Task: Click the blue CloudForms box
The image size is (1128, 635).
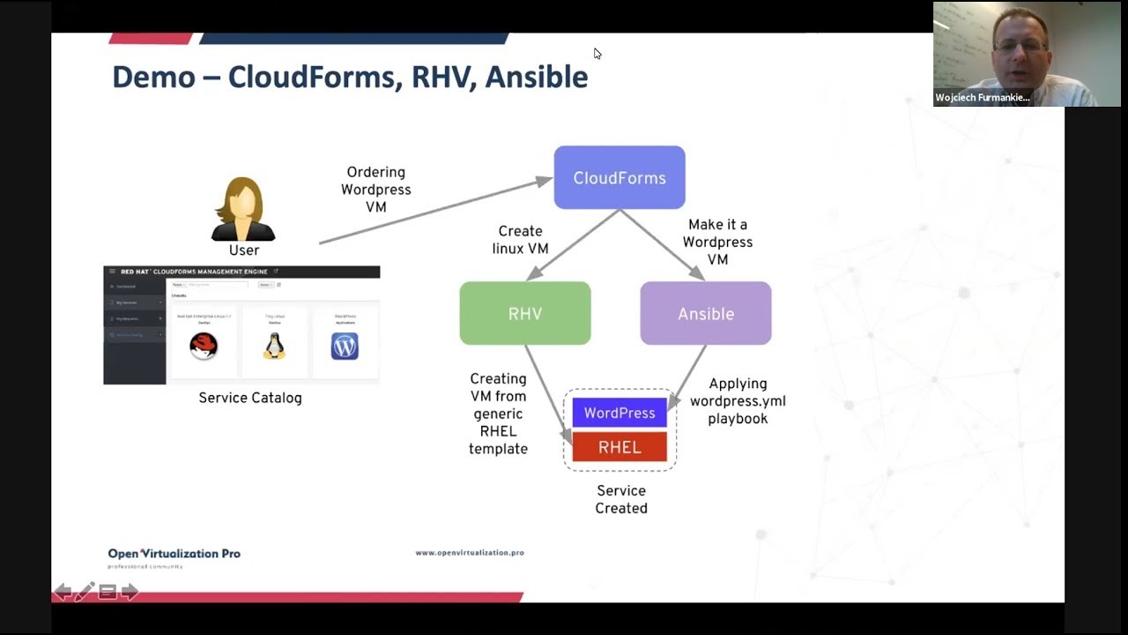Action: click(620, 177)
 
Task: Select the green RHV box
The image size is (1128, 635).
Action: click(525, 313)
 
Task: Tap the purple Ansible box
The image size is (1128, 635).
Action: click(706, 313)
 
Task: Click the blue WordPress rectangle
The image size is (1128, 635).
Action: click(620, 413)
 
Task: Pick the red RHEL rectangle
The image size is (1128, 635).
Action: click(620, 447)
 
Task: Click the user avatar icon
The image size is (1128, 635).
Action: click(243, 209)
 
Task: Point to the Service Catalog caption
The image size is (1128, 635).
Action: click(250, 398)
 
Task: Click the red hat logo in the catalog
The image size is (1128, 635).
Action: click(204, 347)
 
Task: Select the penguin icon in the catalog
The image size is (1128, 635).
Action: click(274, 346)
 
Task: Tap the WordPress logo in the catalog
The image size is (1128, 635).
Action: click(345, 346)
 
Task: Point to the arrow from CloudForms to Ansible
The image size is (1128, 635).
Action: click(662, 244)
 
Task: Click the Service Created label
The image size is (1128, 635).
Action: click(621, 499)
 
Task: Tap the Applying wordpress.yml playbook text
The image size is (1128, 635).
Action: click(738, 401)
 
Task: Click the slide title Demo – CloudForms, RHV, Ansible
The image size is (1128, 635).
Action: click(350, 77)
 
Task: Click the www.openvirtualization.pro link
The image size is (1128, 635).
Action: click(470, 553)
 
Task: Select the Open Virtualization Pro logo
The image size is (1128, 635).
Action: click(174, 555)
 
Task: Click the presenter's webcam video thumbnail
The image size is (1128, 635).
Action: click(1014, 54)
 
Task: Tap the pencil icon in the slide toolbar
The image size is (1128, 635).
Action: click(85, 592)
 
